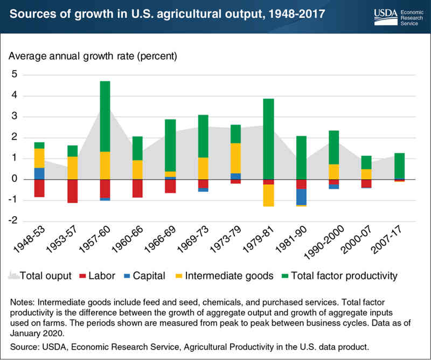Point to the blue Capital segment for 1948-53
point(39,174)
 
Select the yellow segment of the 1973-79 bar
point(235,158)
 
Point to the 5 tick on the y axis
point(15,74)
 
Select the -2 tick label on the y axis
point(12,221)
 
